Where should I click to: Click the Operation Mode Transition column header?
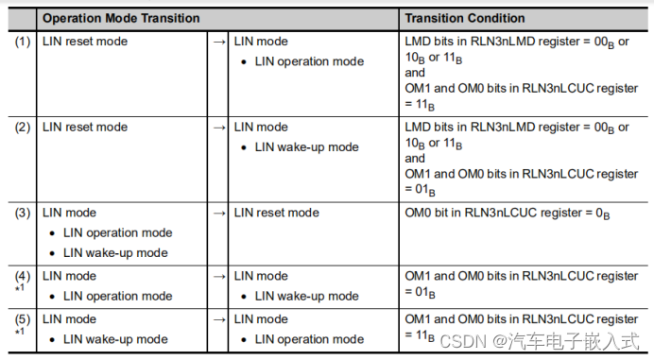tap(121, 18)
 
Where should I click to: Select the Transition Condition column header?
tap(464, 18)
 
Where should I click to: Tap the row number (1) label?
tap(23, 42)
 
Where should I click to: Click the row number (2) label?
tap(23, 128)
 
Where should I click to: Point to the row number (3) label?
tap(23, 213)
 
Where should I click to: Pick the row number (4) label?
tap(23, 276)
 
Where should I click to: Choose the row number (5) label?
tap(23, 319)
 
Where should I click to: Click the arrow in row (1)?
tap(218, 42)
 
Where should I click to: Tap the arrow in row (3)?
tap(218, 213)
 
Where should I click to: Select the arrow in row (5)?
tap(218, 319)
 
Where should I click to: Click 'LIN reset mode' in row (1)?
tap(85, 42)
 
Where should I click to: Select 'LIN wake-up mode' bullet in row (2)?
tap(306, 147)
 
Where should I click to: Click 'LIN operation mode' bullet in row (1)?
tap(309, 61)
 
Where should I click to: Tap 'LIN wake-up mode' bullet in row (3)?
tap(115, 253)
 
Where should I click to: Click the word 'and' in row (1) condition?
tap(415, 72)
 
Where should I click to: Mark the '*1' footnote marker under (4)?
tap(20, 288)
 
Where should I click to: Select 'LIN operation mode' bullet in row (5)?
tap(309, 339)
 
